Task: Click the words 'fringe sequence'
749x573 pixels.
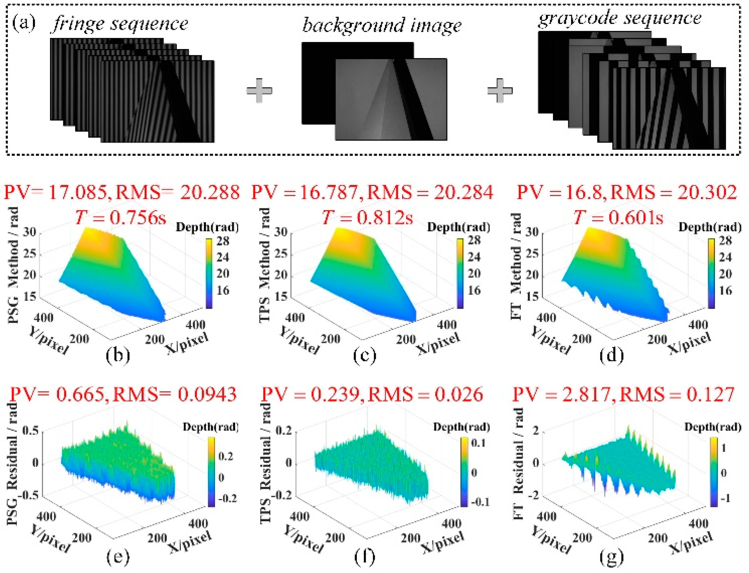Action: (x=119, y=24)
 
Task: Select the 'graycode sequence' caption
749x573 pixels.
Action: (x=619, y=18)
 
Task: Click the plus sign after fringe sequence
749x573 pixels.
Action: (x=259, y=90)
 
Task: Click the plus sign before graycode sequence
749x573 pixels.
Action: (x=500, y=90)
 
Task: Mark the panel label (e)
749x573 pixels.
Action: (x=118, y=557)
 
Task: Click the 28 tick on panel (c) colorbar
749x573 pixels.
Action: (x=474, y=241)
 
